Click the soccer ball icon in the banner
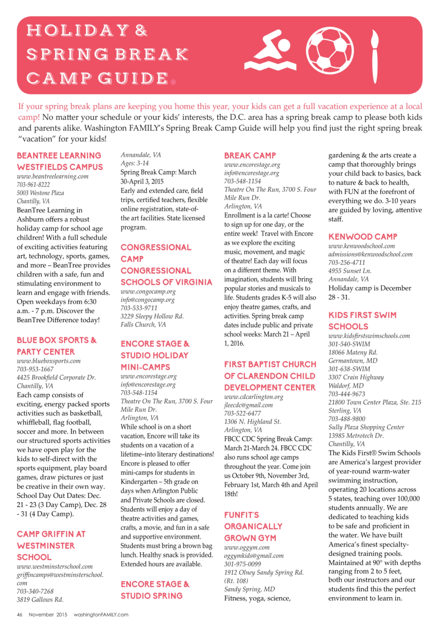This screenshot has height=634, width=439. point(329,51)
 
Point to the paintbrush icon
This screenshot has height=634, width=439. point(374,56)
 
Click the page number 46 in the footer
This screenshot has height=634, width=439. point(20,614)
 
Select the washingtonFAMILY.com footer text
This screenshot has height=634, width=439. point(101,614)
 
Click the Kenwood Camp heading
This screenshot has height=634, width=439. point(362,237)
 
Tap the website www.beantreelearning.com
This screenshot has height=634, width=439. point(53,176)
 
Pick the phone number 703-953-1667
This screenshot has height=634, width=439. point(35,369)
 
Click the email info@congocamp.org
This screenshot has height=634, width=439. point(147,299)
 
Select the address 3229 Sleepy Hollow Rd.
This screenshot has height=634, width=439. point(152,316)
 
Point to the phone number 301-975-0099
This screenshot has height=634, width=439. point(242,564)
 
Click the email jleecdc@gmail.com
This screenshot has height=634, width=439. point(248,405)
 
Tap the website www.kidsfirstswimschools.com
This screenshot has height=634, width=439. point(369,336)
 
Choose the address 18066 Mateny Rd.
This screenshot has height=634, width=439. point(353,352)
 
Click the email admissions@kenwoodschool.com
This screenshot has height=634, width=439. point(370,254)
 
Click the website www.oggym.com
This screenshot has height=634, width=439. point(247,547)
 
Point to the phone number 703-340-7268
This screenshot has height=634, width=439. point(35,591)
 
